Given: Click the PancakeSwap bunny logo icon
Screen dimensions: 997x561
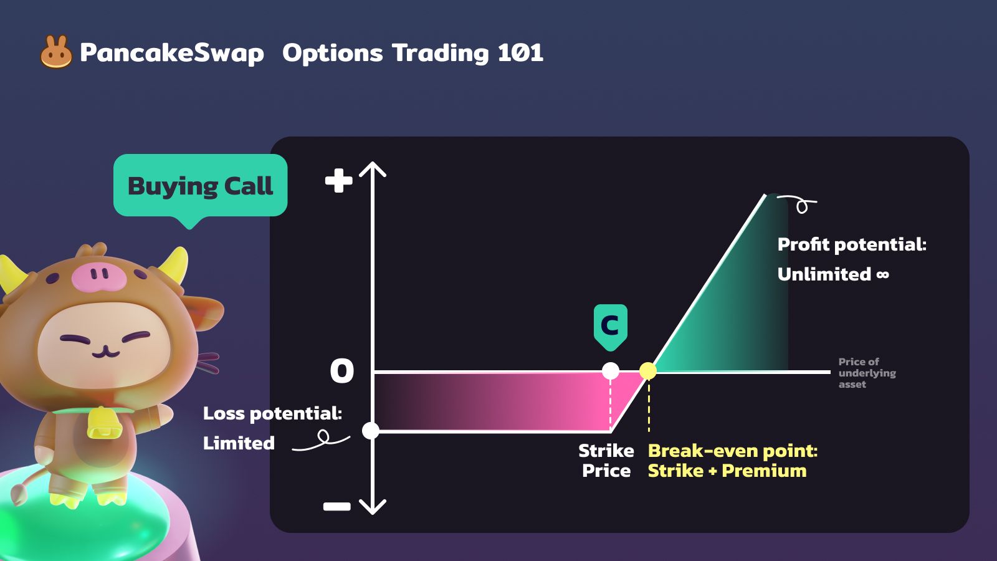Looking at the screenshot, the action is [x=56, y=52].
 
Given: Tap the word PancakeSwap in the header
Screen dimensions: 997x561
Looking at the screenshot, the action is [x=172, y=54].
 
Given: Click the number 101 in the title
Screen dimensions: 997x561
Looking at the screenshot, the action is [x=520, y=52].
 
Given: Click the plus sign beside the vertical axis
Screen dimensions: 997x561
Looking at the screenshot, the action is [x=339, y=180].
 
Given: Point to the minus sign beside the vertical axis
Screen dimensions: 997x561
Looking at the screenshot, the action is [x=337, y=506].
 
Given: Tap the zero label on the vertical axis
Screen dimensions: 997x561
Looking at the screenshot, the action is [x=342, y=370].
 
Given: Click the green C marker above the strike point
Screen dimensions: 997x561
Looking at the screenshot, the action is [x=610, y=327].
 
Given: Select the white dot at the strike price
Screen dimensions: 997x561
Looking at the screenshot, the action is [x=610, y=371].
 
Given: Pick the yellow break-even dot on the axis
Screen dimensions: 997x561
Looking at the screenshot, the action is [x=648, y=371].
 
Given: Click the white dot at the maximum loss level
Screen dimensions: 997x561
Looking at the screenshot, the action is [x=371, y=431].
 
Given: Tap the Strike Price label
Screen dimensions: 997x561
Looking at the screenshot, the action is [x=606, y=461].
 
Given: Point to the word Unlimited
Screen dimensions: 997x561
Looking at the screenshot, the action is [x=824, y=274].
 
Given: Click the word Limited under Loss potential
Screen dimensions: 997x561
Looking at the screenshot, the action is [x=239, y=443].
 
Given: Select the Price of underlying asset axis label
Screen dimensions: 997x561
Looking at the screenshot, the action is [x=867, y=373].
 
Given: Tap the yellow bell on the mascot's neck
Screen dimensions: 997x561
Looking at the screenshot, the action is [x=104, y=423].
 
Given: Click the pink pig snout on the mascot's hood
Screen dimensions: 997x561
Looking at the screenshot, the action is [x=99, y=277].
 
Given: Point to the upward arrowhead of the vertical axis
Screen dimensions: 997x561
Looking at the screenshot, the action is [x=373, y=169].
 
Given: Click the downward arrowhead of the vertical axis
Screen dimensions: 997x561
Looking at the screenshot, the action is [x=373, y=507].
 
